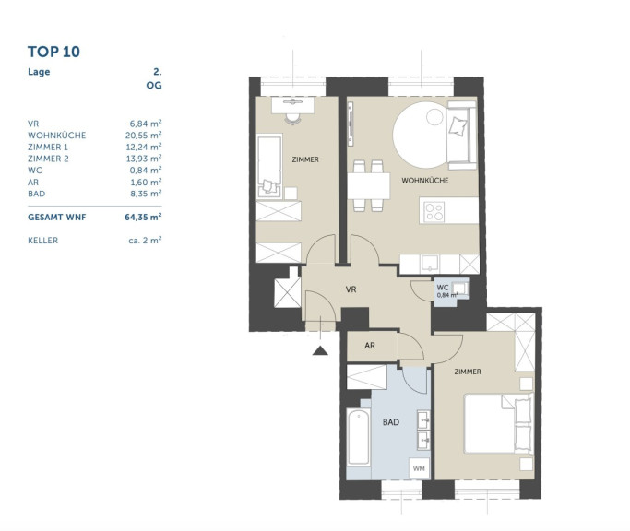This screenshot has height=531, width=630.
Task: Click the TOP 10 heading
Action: pos(53,52)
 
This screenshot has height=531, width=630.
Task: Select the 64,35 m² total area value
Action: pos(143,218)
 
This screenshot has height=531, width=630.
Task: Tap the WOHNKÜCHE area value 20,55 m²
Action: pos(144,136)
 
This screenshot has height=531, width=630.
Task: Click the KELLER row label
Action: pos(43,241)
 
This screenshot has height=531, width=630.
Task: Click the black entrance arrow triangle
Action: pos(320,350)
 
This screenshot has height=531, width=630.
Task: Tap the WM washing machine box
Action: pos(419,468)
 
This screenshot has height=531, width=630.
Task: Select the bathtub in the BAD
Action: pos(359,437)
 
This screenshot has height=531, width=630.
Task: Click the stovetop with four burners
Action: pos(434,212)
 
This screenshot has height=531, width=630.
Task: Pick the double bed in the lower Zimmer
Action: pos(499,424)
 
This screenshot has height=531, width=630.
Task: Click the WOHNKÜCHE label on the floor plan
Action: pos(425,181)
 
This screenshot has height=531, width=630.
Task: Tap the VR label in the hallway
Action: pos(351,289)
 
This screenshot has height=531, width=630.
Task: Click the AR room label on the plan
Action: pos(370,346)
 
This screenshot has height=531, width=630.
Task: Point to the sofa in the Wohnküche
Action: pos(461,135)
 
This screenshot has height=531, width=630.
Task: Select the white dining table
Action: pos(369,186)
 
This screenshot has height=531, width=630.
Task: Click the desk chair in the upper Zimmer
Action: pos(293,119)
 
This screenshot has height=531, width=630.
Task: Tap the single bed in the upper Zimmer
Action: pos(269,166)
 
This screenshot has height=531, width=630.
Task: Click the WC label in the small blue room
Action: pos(443,288)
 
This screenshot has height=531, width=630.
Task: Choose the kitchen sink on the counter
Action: pos(430,264)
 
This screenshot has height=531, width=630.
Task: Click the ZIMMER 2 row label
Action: pos(48,159)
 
